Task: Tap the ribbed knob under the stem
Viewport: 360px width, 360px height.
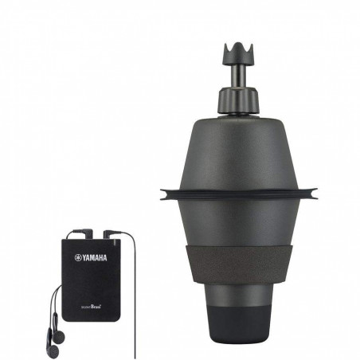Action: tap(237, 100)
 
